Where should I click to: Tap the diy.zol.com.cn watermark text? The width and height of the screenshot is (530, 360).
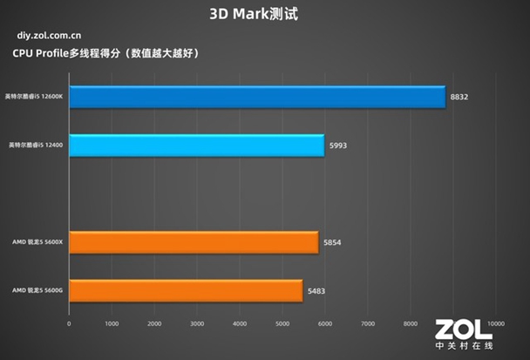pos(50,37)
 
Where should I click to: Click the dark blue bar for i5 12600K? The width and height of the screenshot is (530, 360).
pos(257,97)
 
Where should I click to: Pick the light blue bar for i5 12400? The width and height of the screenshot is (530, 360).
pos(196,146)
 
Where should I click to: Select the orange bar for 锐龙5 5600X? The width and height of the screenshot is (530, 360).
pos(194,241)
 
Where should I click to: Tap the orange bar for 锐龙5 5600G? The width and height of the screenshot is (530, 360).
pos(186,290)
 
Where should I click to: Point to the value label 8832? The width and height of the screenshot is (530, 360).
pos(459,98)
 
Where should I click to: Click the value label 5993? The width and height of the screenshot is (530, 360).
pos(338,146)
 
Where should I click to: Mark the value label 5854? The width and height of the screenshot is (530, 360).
pos(332,241)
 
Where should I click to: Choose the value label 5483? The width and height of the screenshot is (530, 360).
pos(316,290)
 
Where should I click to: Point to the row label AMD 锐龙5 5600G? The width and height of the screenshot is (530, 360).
pos(38,289)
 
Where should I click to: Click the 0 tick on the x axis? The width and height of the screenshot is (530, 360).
pos(69,324)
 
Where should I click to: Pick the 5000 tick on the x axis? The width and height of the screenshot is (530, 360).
pos(282,324)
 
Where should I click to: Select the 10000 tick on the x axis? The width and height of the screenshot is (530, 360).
pos(494,324)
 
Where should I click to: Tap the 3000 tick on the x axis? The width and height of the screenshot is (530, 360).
pos(196,324)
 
